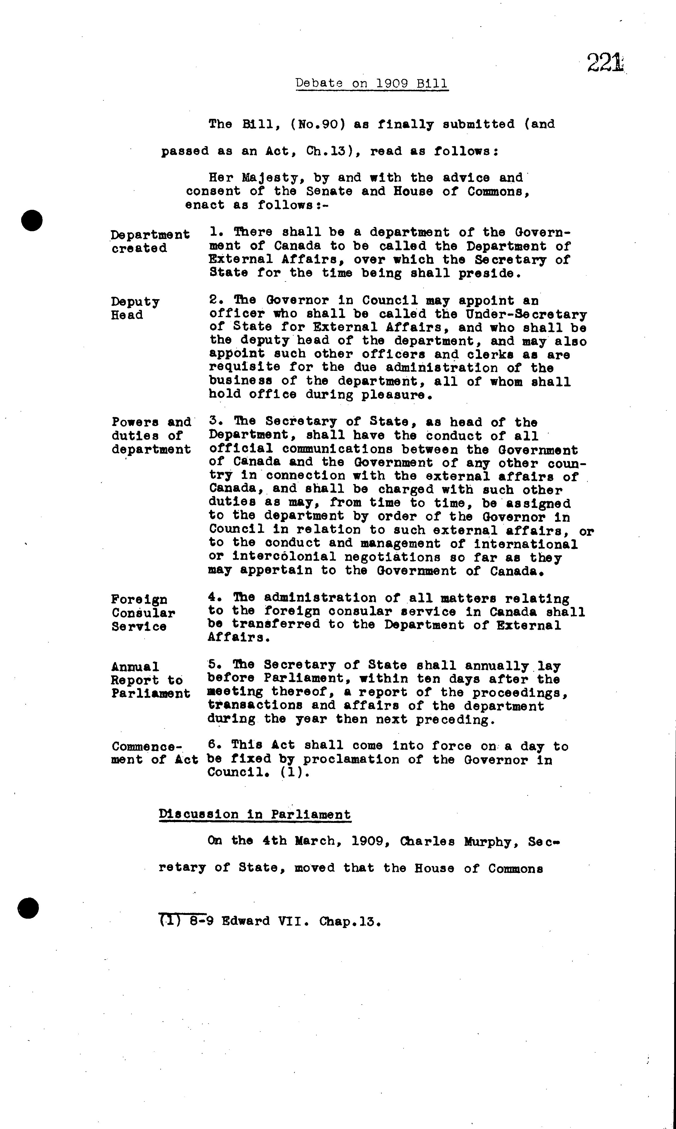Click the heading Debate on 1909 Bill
click(372, 83)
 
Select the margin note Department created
click(150, 241)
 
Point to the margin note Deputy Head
click(135, 308)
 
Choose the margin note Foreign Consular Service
click(143, 613)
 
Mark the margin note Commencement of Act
click(154, 753)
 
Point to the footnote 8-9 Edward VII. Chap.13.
click(270, 921)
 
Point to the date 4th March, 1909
click(322, 841)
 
